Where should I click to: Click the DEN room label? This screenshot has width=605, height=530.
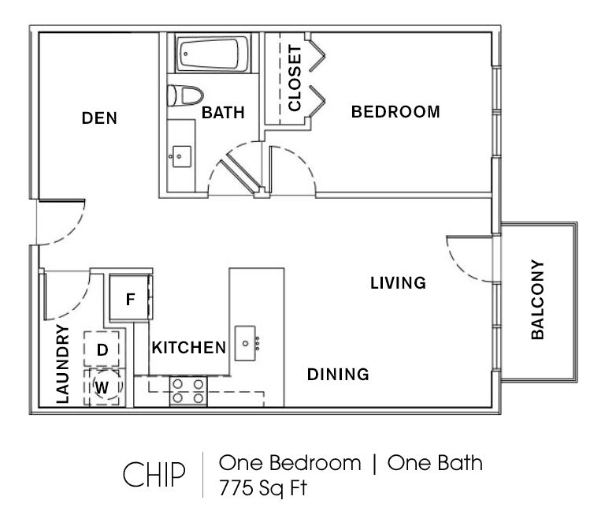pos(99,118)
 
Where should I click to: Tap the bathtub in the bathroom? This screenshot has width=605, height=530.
pos(212,54)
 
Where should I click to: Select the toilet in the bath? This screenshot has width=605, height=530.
pos(185,95)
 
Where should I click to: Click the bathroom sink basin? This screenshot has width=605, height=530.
pos(181,156)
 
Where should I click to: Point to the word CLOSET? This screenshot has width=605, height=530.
pos(295,78)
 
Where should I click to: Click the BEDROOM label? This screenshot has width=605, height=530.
pos(395,112)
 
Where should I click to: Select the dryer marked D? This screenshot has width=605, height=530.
pos(102,349)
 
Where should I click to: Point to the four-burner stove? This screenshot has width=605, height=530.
pos(188,391)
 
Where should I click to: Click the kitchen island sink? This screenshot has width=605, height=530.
pos(246,343)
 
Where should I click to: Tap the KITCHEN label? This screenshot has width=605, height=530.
pos(189,348)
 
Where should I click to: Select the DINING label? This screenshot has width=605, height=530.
pos(338,375)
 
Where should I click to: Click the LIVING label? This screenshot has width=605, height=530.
pos(398,283)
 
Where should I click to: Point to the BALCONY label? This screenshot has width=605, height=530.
pos(537,300)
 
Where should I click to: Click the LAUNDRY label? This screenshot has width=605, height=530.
pos(62,364)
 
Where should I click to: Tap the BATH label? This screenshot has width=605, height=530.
pos(223,113)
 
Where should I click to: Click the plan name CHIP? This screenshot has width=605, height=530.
pos(154,474)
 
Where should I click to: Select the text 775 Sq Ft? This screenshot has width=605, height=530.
pos(263,488)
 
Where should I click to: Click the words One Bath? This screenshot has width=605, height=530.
pos(435,463)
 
